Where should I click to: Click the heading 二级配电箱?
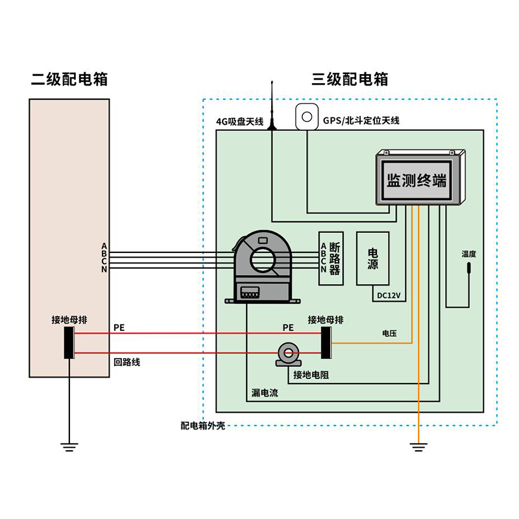click(69, 80)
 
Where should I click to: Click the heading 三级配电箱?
click(350, 80)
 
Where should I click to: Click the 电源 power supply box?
click(373, 258)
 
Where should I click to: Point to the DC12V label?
click(389, 296)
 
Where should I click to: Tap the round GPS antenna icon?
click(306, 117)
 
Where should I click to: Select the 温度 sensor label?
click(468, 254)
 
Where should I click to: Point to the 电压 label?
click(389, 333)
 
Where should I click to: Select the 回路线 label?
click(127, 363)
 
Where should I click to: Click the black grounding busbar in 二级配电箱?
click(69, 343)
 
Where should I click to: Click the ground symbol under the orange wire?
click(418, 447)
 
